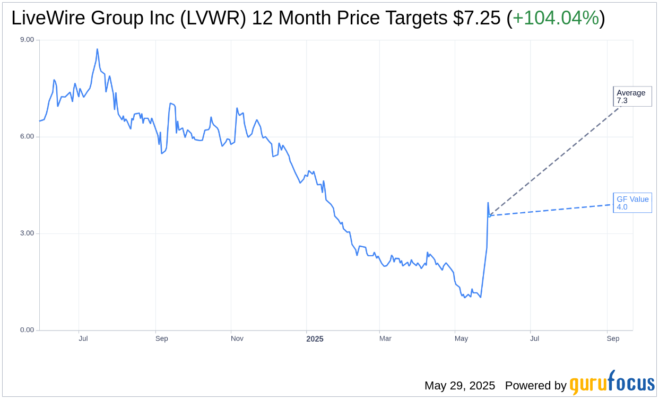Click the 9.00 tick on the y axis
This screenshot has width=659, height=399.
(27, 40)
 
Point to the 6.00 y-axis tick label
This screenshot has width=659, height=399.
(27, 136)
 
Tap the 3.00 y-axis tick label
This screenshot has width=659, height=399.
(27, 233)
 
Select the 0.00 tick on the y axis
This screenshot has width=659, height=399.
(27, 330)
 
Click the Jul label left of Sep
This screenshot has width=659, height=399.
(83, 339)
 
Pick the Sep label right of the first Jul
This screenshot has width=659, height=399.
(162, 339)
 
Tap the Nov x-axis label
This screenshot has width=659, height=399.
(237, 339)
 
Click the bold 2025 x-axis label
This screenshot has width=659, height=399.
(315, 339)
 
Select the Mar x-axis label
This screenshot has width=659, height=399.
(385, 339)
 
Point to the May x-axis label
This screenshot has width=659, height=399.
(462, 339)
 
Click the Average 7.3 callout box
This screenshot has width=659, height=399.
(632, 97)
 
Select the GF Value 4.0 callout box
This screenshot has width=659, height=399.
(632, 203)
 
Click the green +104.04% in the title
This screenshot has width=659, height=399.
(556, 19)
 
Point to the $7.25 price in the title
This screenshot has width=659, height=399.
(476, 19)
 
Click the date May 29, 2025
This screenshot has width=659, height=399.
(459, 386)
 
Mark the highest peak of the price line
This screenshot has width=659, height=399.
(97, 49)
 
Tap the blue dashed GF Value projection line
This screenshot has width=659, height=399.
(552, 210)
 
